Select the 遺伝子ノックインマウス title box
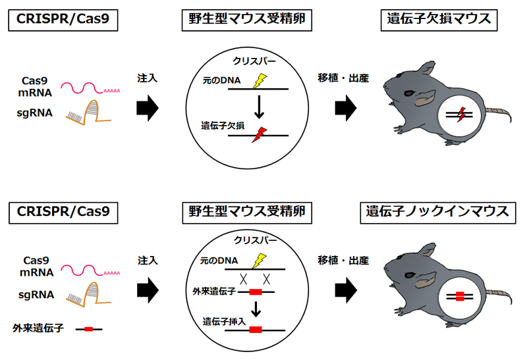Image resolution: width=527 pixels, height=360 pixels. pyautogui.click(x=437, y=212)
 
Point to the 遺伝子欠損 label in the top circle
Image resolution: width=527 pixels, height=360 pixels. pyautogui.click(x=222, y=124)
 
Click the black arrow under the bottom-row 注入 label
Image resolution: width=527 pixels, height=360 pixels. pyautogui.click(x=148, y=288)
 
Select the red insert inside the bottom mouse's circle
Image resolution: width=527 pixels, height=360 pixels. pyautogui.click(x=460, y=296)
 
